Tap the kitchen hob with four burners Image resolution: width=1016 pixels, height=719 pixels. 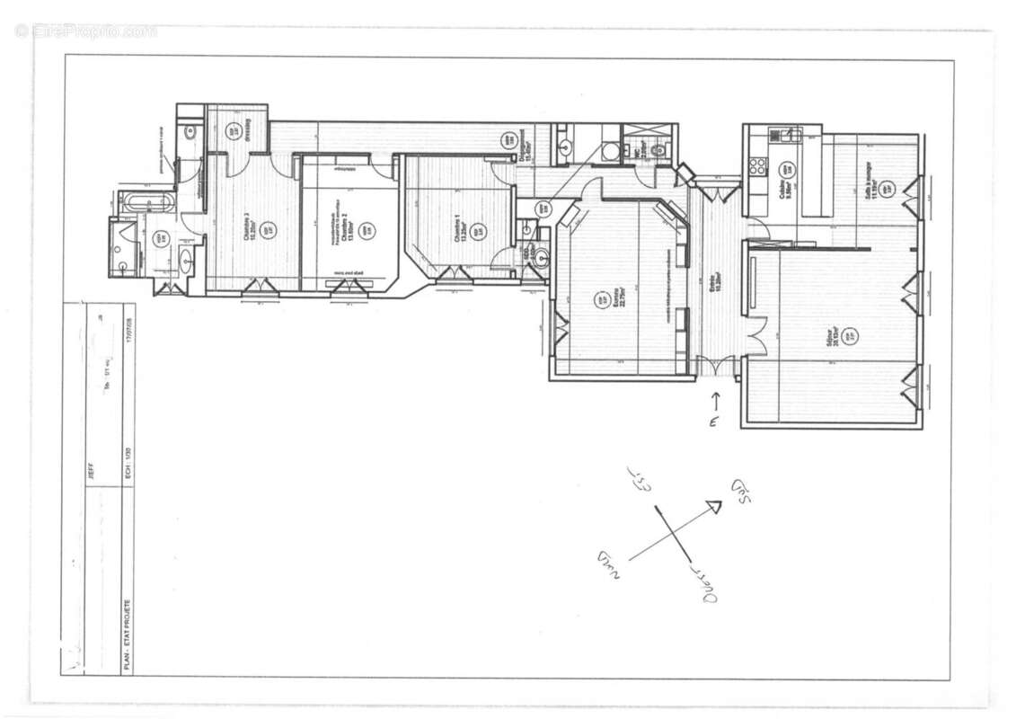(757, 165)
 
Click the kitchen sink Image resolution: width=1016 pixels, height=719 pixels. (791, 136)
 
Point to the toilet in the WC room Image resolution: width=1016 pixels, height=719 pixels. (658, 149)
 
